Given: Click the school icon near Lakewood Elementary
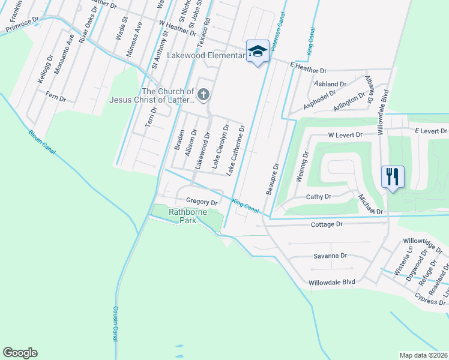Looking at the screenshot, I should pos(258,52).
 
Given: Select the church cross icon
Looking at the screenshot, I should pos(204,94).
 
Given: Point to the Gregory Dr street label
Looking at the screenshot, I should pos(201,202).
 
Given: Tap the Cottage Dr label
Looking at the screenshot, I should pos(327,224).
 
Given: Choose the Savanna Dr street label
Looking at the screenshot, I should pos(330,256).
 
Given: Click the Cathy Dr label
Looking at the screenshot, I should pos(319,197).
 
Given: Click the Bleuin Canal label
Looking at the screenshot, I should pos(41,143).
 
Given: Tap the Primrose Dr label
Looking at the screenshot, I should pos(22,24).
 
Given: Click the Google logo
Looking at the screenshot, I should pos(20,353).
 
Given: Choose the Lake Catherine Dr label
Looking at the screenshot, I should pos(235,150).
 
